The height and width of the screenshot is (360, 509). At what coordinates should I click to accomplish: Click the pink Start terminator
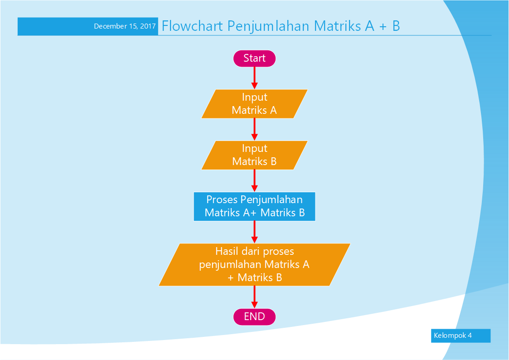[254, 58]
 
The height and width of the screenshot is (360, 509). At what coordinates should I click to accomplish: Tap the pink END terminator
[254, 316]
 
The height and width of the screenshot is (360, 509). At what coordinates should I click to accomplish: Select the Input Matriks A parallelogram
[254, 104]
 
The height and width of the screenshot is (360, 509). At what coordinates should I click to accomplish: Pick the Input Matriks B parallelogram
[254, 155]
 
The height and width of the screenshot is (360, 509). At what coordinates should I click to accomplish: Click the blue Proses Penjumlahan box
[254, 206]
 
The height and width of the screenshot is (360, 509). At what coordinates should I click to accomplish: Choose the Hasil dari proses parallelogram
[254, 264]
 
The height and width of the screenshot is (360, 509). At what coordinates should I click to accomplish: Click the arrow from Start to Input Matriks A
[254, 78]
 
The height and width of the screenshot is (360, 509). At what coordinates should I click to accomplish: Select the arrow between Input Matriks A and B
[254, 130]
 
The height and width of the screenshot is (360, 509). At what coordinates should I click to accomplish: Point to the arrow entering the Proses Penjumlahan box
[254, 181]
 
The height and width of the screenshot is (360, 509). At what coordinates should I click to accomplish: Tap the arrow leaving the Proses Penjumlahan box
[254, 232]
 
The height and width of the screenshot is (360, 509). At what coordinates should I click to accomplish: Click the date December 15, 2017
[125, 26]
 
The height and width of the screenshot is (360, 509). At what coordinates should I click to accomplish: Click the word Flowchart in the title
[192, 26]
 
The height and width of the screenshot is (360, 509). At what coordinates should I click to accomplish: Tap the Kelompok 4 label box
[461, 336]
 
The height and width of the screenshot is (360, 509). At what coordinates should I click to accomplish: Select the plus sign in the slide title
[383, 27]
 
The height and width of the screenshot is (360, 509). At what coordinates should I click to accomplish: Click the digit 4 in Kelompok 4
[470, 336]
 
